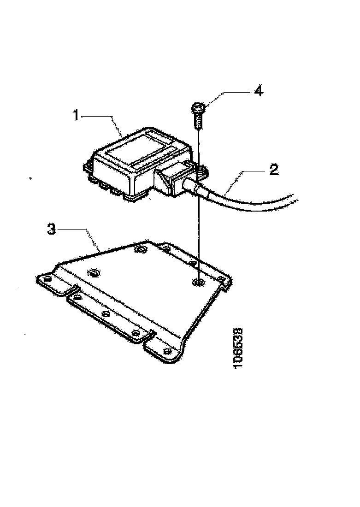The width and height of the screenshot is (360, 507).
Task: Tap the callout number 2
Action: [x=273, y=171]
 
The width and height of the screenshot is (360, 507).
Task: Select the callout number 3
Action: [x=53, y=229]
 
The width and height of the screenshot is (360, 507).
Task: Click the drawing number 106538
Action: [x=239, y=348]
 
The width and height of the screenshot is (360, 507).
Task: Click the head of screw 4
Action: [x=197, y=109]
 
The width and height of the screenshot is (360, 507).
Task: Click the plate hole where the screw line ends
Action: [x=199, y=281]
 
